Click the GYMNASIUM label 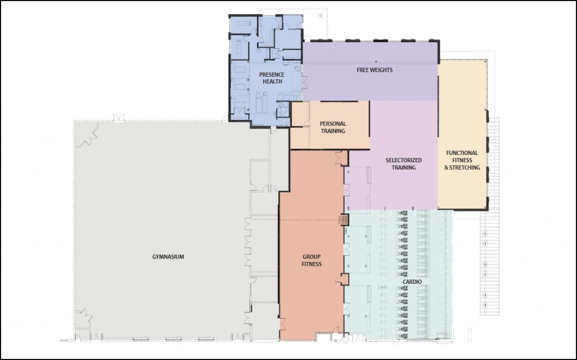click(168, 257)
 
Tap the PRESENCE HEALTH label click(272, 78)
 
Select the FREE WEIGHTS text click(375, 70)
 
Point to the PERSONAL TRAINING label click(333, 127)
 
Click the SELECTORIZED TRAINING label click(403, 164)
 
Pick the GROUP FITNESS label click(312, 260)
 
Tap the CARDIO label click(412, 282)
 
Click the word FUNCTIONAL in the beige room click(462, 153)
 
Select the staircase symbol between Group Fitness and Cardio click(343, 220)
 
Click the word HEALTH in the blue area click(272, 81)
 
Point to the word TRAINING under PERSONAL click(333, 131)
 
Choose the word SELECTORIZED click(403, 160)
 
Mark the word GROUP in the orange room click(312, 256)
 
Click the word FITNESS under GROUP click(312, 264)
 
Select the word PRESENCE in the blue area click(272, 75)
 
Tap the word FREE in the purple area click(362, 70)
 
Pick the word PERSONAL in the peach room click(333, 124)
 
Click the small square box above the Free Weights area click(321, 16)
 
